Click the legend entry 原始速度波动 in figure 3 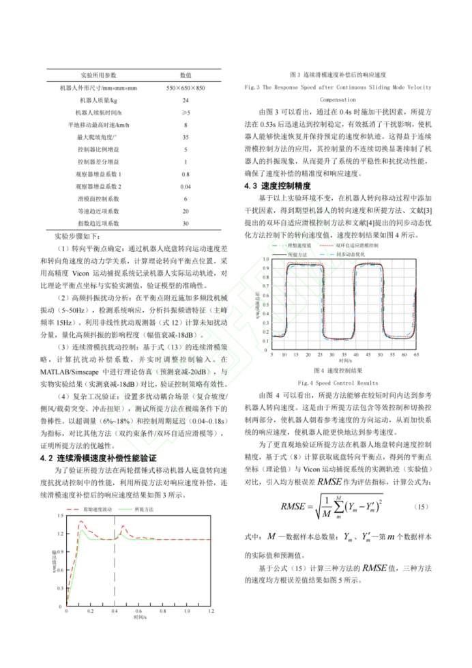click(95, 509)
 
